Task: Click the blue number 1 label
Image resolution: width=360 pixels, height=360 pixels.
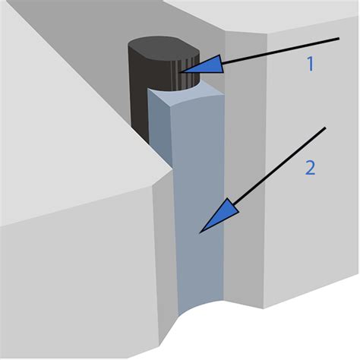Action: coord(311,64)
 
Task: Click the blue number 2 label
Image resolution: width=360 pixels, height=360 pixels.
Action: coord(311,168)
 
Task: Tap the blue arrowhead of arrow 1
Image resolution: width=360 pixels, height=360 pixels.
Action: coord(206,65)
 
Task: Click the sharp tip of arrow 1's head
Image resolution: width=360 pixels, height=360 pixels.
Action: coord(182,72)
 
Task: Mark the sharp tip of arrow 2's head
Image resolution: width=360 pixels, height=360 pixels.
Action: coord(200,232)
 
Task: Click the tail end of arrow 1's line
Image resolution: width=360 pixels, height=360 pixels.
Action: coord(339,39)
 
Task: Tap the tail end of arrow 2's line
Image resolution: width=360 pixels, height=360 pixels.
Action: coord(325,128)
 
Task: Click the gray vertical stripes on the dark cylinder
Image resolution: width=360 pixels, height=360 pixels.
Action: coord(188,74)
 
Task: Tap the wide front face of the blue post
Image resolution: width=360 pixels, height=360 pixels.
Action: coord(199,203)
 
